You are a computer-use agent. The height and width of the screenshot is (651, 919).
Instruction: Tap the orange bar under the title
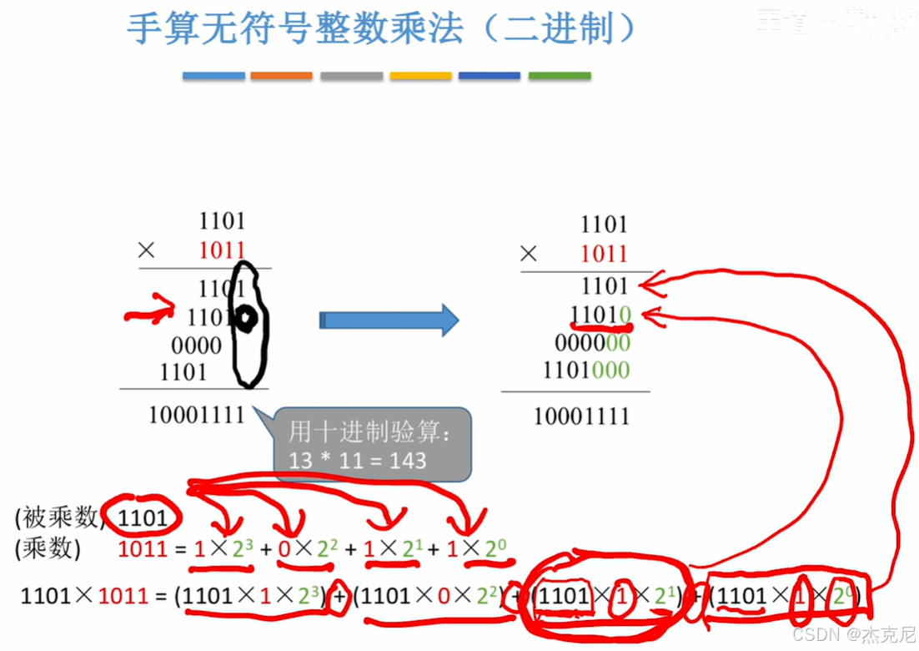tap(281, 76)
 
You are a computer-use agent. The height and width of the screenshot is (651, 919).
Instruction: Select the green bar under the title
tap(560, 76)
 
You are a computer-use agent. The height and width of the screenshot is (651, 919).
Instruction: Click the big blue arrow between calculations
tap(389, 320)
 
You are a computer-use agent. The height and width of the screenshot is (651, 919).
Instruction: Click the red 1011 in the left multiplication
tap(222, 250)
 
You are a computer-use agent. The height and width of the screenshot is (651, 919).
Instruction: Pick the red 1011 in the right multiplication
tap(604, 254)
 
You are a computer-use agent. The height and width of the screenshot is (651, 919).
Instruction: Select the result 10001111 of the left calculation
tap(197, 414)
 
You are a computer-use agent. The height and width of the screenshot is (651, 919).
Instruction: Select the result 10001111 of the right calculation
tap(581, 416)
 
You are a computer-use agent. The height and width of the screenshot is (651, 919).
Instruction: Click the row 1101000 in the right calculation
tap(586, 370)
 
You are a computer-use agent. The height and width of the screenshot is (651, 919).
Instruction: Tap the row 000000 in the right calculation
tap(592, 343)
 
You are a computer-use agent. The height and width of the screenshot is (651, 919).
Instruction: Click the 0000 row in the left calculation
tap(197, 346)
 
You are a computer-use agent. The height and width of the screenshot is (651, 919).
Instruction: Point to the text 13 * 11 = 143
tap(358, 460)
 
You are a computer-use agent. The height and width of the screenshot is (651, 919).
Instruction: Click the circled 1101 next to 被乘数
tap(143, 518)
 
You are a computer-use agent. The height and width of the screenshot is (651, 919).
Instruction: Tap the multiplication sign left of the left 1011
tap(147, 250)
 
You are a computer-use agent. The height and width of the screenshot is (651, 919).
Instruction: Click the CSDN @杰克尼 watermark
tap(854, 636)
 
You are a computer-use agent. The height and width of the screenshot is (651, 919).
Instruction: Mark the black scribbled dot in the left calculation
tap(245, 317)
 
